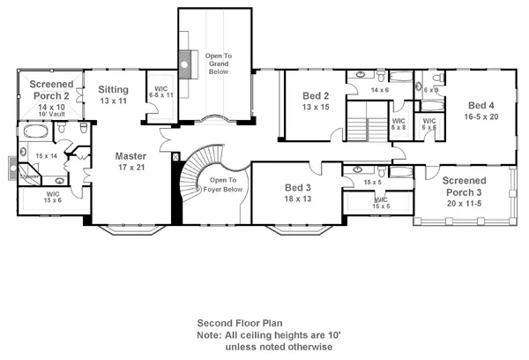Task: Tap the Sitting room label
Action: point(114,90)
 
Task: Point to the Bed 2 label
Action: point(316,95)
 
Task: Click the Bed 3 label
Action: point(298,187)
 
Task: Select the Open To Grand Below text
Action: point(218,64)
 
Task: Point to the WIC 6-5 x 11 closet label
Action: point(160,91)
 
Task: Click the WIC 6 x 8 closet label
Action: point(398,124)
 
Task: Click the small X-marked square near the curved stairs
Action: point(175,156)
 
